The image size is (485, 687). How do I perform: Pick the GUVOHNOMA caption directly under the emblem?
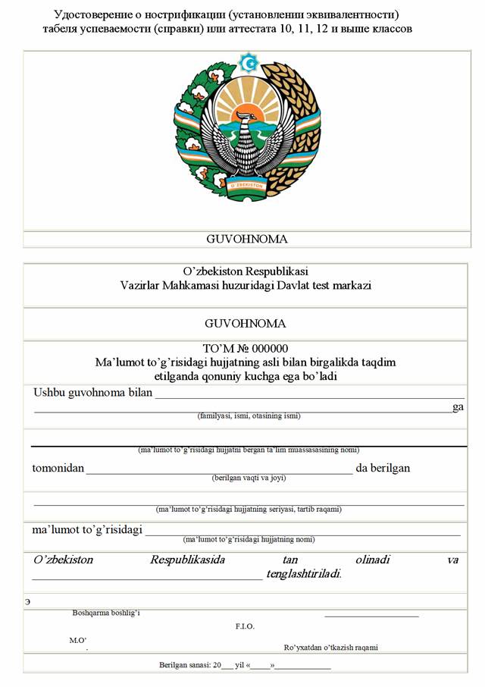(x=247, y=239)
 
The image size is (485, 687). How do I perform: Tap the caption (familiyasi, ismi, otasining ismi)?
(x=249, y=416)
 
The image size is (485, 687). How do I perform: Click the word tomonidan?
(x=58, y=468)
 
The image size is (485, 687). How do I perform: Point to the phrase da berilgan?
(x=383, y=468)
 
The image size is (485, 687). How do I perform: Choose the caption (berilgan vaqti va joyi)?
(x=249, y=478)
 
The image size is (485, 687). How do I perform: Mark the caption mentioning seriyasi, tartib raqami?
(x=249, y=509)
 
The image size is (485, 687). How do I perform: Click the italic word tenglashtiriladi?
(x=304, y=574)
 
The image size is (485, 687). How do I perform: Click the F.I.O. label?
(x=245, y=626)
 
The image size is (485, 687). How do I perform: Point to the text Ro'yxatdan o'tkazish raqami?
(x=330, y=648)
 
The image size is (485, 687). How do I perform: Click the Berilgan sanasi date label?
(x=185, y=665)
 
